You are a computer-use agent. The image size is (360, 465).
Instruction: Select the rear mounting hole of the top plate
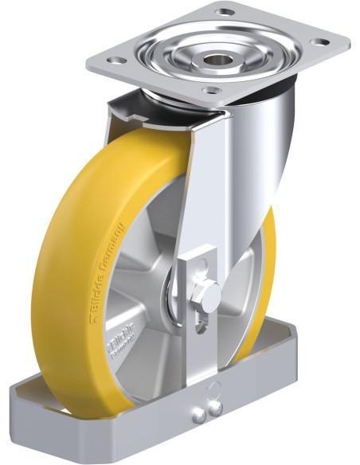tap(223, 11)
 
